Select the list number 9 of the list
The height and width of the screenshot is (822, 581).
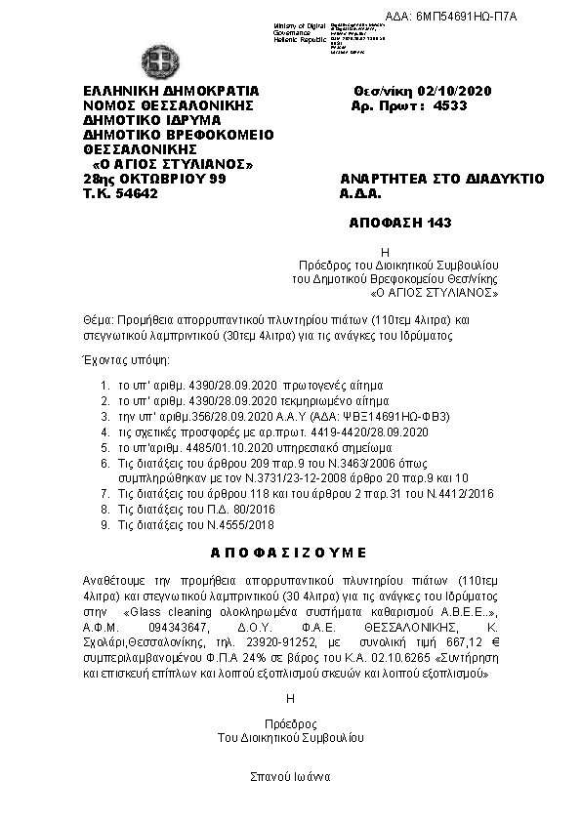[x=104, y=524]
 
